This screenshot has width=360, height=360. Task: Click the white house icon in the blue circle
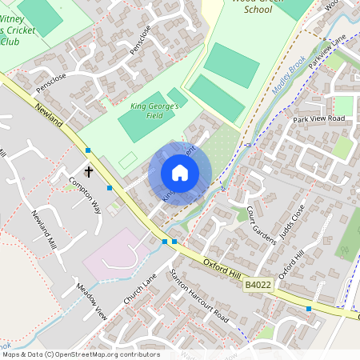[180, 173]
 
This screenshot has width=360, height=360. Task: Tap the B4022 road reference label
[258, 285]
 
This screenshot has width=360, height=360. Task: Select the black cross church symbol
[89, 171]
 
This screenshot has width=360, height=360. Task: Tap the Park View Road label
[318, 118]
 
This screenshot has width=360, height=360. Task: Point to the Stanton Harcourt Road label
[200, 295]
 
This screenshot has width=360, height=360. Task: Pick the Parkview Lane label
[329, 50]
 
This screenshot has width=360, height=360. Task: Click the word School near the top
[257, 10]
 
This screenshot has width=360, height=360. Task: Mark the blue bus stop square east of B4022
[308, 308]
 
